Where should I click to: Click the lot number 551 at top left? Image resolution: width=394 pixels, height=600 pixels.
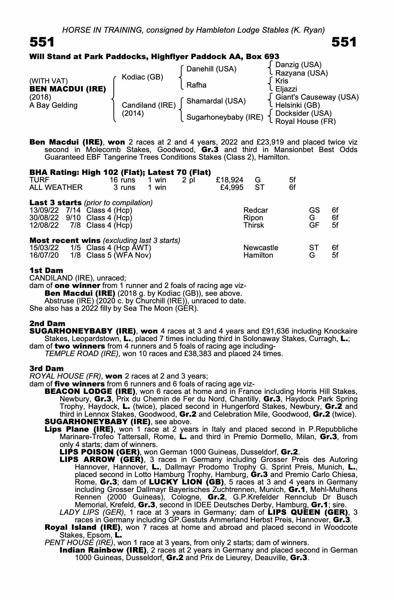point(42,42)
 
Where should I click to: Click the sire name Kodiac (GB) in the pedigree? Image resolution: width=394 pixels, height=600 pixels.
point(142,77)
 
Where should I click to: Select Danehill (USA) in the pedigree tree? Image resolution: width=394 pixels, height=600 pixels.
point(211,69)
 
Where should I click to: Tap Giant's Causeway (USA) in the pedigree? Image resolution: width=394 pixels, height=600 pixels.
point(317,97)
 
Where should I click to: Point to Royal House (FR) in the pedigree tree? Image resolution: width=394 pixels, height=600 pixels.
point(305,121)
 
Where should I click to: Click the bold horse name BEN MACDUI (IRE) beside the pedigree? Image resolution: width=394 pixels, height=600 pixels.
point(67,89)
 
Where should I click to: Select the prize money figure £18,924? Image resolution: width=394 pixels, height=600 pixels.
point(229,180)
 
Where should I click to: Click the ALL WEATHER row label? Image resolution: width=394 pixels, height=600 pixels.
point(56,187)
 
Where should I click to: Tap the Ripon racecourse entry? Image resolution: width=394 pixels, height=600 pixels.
point(253,218)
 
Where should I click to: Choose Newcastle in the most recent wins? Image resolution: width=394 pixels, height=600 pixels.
point(261,248)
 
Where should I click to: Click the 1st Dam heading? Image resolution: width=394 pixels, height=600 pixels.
point(46,270)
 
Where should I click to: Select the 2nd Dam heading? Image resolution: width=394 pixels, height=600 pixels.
point(47,323)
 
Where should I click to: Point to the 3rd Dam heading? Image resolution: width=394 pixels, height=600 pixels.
point(46,368)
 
